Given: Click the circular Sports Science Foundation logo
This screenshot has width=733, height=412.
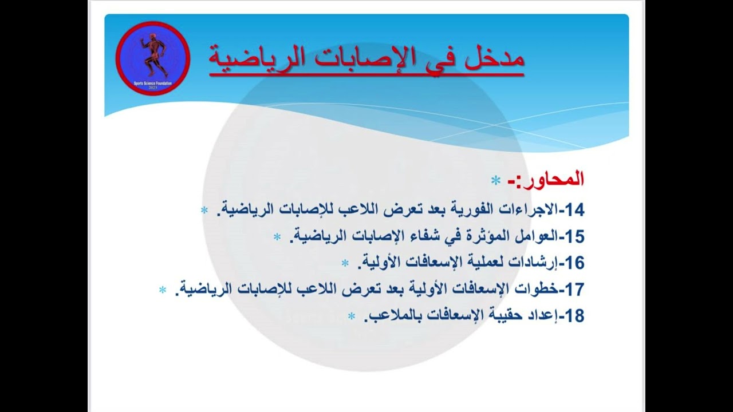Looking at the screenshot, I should coord(152,58).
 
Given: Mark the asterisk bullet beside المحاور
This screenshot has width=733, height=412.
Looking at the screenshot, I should coord(495,181).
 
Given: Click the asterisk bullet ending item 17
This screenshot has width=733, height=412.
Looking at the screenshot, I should coord(163,290).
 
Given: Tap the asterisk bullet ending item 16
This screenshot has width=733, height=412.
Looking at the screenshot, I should coord(345,263).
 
